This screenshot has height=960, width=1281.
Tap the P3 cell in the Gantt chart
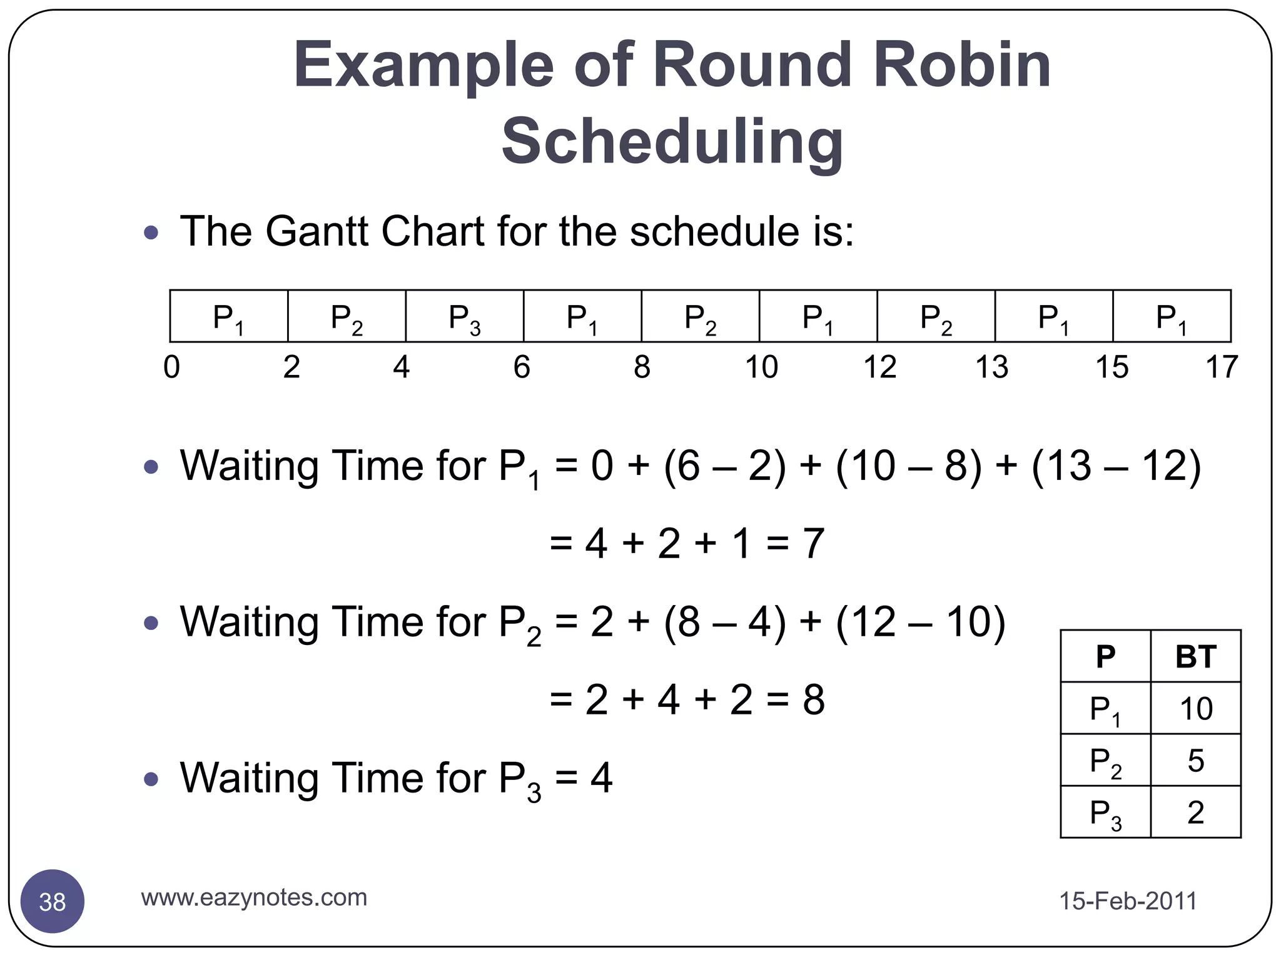tap(465, 317)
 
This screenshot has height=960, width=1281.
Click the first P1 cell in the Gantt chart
tap(228, 317)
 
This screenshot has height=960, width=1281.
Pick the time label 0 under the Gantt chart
tap(171, 367)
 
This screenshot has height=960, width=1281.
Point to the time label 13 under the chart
tap(991, 367)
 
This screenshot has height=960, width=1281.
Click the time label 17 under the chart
tap(1221, 367)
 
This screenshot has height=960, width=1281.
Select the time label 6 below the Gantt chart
tap(522, 367)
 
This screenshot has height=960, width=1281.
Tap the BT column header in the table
tap(1195, 656)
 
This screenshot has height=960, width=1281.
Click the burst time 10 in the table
tap(1195, 709)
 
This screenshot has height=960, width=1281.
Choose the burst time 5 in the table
tap(1195, 761)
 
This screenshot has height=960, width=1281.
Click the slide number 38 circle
tap(53, 902)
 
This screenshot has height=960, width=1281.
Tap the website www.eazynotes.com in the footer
tap(254, 897)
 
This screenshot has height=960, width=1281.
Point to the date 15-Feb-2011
tap(1128, 901)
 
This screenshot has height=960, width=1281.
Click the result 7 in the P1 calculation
tap(813, 543)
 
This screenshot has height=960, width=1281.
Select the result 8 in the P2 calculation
tap(813, 699)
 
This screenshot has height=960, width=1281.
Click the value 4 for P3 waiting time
tap(601, 777)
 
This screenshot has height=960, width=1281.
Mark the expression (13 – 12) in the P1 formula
tap(1116, 466)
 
